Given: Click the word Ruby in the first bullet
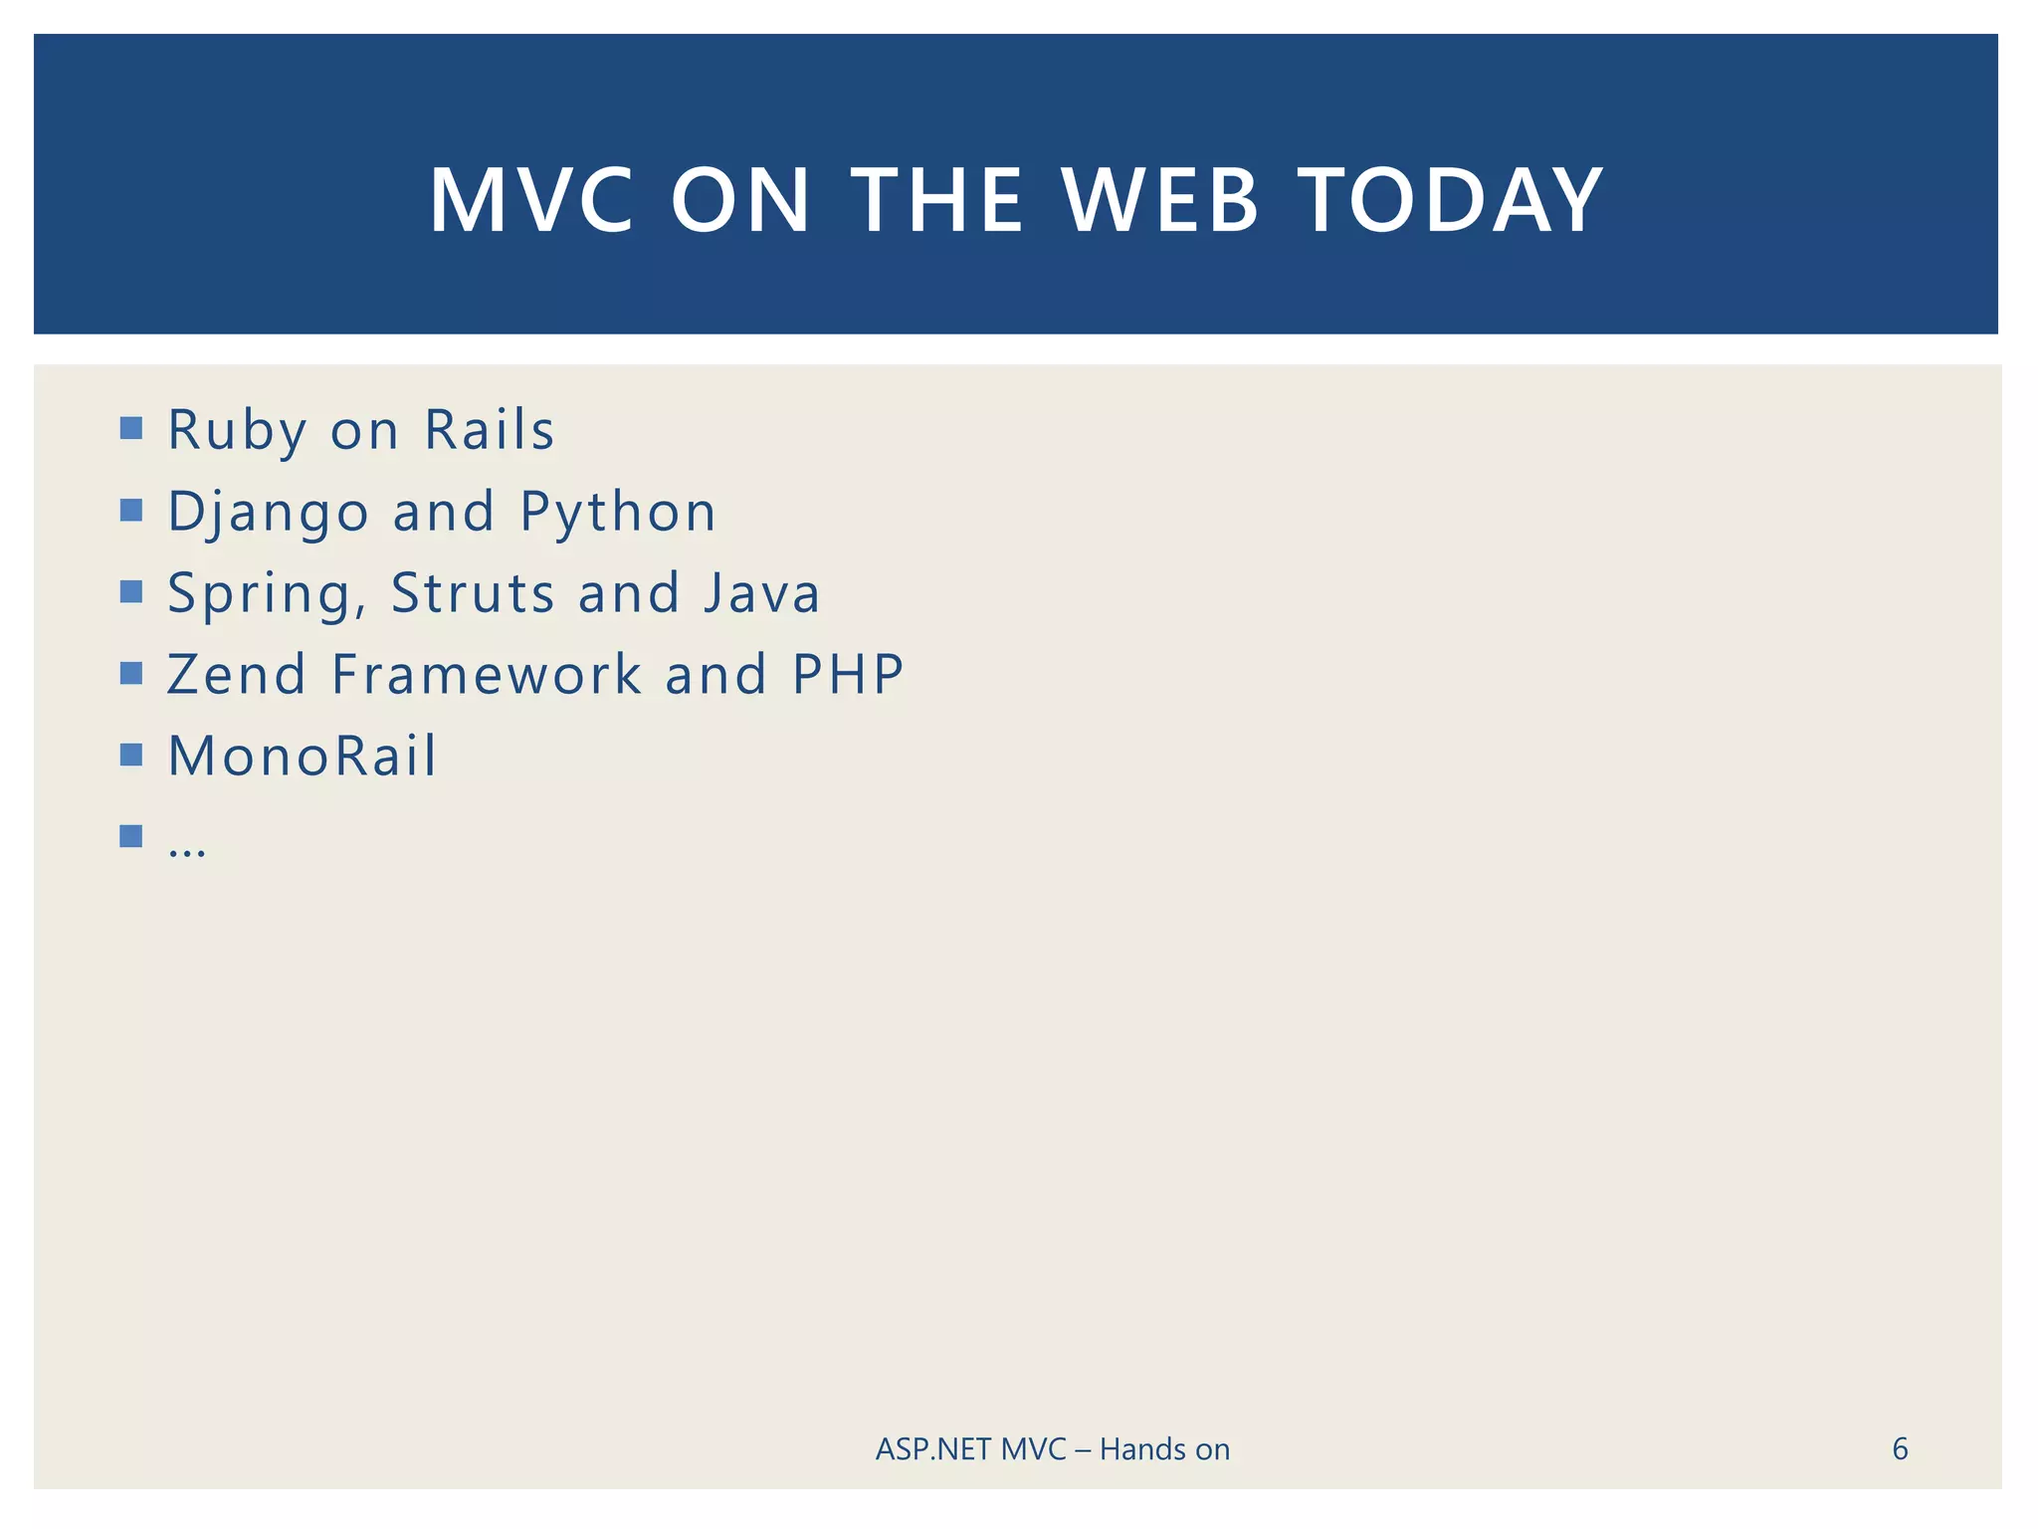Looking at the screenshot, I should [x=237, y=430].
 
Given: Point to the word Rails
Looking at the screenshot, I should [x=489, y=430].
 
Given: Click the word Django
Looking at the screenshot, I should [x=268, y=512].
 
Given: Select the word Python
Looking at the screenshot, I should [x=617, y=512].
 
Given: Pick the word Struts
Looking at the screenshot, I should [x=472, y=593].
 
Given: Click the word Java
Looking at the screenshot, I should [x=761, y=593].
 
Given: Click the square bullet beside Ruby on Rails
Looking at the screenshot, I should [x=130, y=428].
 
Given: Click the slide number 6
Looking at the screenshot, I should [x=1899, y=1448].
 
